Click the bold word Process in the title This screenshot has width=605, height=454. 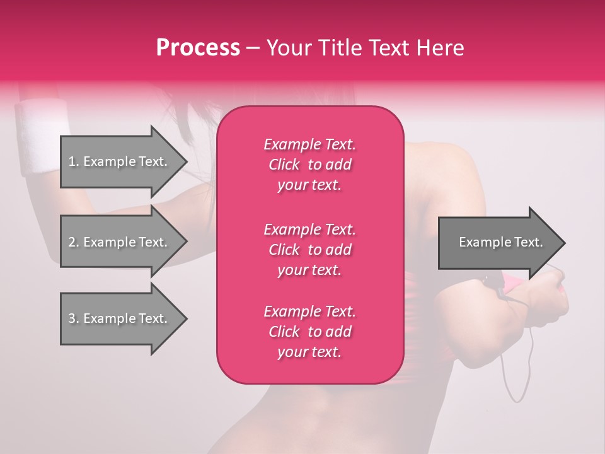[198, 47]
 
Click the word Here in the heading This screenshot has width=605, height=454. [439, 47]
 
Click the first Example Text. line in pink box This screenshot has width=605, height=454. [309, 144]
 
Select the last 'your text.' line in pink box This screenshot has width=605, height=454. [309, 352]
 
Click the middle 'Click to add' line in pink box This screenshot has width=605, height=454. [309, 250]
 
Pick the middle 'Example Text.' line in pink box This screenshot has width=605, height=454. [309, 229]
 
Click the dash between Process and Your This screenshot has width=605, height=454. [253, 48]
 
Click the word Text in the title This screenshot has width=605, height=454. [389, 47]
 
